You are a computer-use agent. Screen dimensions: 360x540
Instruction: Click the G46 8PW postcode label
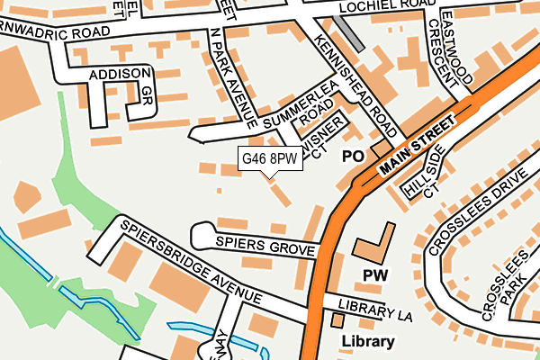point(270,159)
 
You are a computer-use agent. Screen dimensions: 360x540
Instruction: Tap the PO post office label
point(353,157)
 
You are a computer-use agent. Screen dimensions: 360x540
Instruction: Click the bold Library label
point(367,342)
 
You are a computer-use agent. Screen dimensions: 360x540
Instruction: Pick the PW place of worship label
point(374,274)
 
